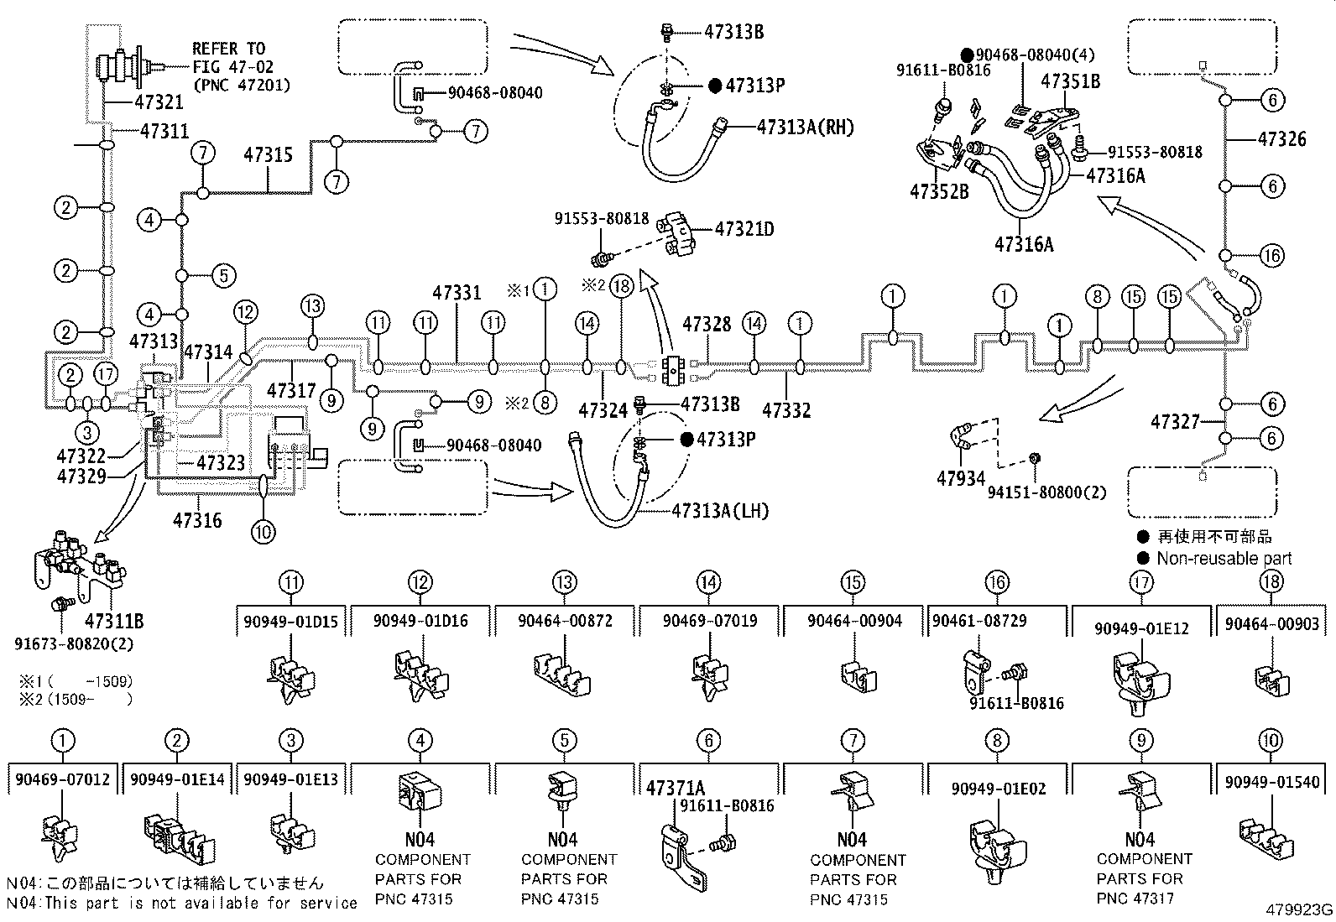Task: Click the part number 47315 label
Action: point(269,155)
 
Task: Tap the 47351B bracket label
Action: point(1070,81)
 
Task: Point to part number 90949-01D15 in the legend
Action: point(291,622)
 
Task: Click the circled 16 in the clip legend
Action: point(997,582)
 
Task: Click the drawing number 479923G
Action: point(1300,909)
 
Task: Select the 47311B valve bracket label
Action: point(114,622)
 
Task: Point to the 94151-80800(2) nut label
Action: point(1046,492)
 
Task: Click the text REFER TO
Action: point(228,49)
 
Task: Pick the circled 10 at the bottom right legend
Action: point(1271,741)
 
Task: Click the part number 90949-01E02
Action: point(998,789)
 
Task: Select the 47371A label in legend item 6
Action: point(675,788)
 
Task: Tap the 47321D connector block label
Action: point(744,228)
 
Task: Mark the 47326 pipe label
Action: point(1281,139)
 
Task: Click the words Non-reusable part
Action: point(1224,559)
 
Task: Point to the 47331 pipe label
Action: point(457,293)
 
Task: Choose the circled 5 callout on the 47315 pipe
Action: point(222,275)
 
